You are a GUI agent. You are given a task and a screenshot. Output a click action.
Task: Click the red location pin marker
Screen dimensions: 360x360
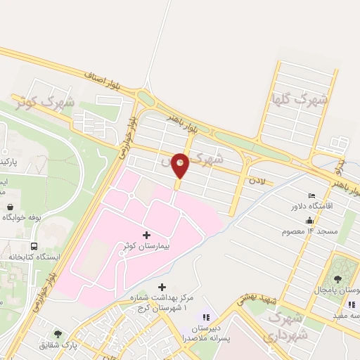tap(181, 165)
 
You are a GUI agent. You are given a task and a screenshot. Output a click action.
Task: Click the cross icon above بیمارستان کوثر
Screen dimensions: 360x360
tap(146, 234)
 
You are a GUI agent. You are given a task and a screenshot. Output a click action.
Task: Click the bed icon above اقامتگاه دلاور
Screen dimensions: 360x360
tap(311, 195)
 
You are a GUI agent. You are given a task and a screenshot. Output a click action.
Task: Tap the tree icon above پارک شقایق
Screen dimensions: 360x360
tap(58, 334)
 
